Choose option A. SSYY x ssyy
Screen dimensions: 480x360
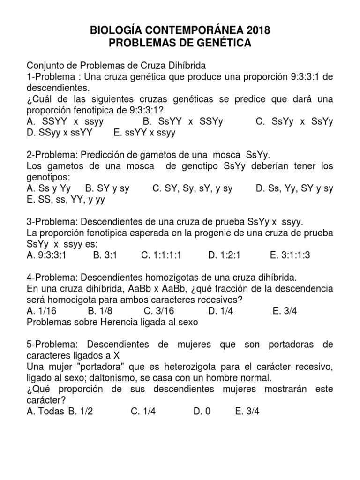(x=65, y=121)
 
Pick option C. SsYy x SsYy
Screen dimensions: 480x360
(x=294, y=121)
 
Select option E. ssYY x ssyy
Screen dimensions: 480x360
(x=144, y=133)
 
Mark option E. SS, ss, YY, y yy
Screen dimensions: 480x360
(x=66, y=200)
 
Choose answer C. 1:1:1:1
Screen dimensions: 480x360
(x=161, y=255)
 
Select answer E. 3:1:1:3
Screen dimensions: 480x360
(x=290, y=255)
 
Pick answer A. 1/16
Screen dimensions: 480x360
(x=41, y=311)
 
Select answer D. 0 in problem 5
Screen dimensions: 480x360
(x=202, y=411)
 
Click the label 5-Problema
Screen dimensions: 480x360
(x=52, y=345)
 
